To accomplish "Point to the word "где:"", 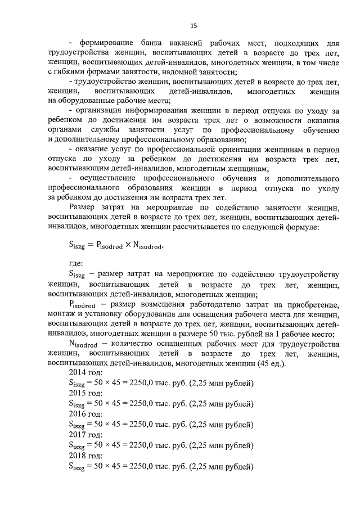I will click(76, 263).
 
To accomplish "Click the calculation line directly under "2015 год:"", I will click(160, 403).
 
